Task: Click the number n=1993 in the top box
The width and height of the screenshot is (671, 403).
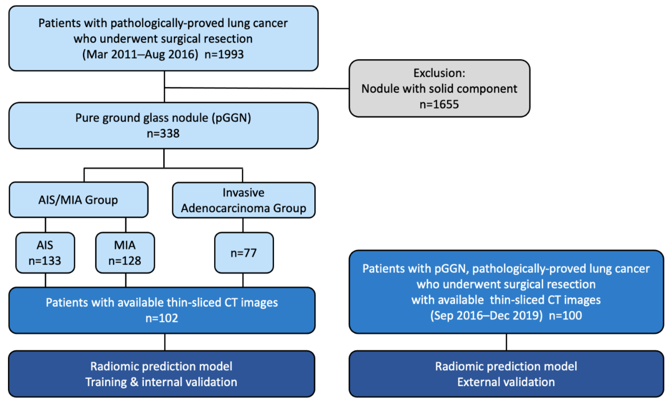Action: point(224,54)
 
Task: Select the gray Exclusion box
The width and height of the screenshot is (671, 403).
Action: point(439,89)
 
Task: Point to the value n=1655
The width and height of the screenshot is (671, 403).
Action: point(439,104)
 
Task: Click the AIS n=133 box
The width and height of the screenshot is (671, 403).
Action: point(45,253)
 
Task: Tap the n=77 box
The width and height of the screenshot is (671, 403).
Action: point(244,253)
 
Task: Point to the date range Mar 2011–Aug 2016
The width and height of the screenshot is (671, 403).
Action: point(140,54)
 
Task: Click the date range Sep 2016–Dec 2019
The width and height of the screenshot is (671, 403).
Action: point(486,316)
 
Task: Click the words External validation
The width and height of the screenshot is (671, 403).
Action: point(506,382)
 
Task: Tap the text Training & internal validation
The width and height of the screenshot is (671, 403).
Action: point(161,382)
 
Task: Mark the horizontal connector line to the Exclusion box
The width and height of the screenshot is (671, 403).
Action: point(256,88)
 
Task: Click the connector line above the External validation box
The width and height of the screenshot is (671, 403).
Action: point(506,342)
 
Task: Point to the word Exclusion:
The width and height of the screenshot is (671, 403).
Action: point(439,73)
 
